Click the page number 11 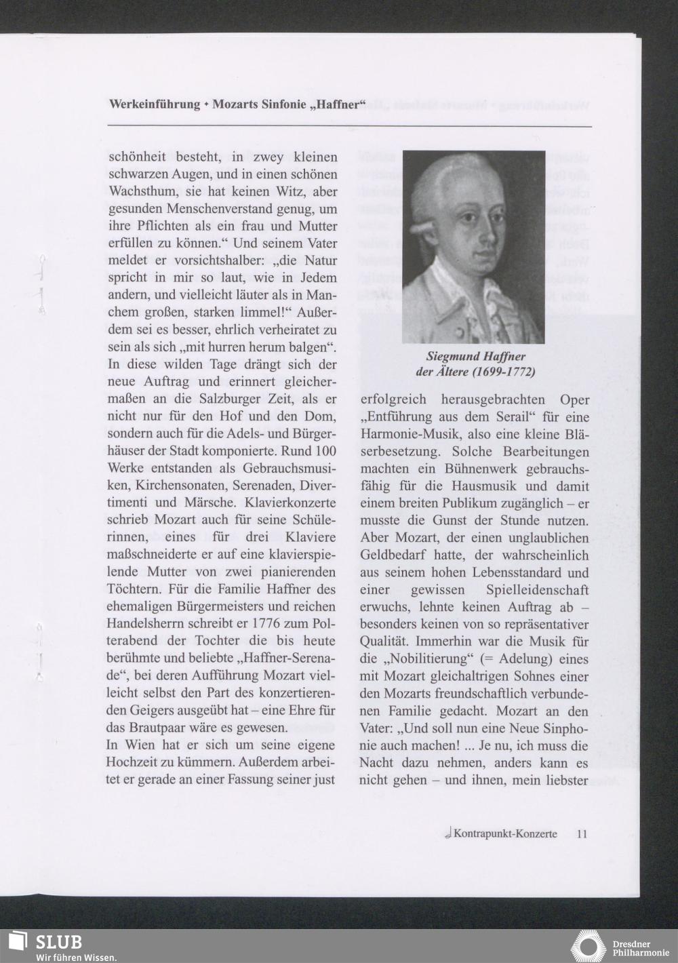pyautogui.click(x=582, y=833)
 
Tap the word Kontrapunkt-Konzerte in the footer pyautogui.click(x=505, y=833)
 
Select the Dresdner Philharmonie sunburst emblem pyautogui.click(x=588, y=947)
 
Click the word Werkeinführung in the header pyautogui.click(x=154, y=105)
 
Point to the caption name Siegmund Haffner pyautogui.click(x=475, y=357)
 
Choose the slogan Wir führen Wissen pyautogui.click(x=66, y=957)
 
